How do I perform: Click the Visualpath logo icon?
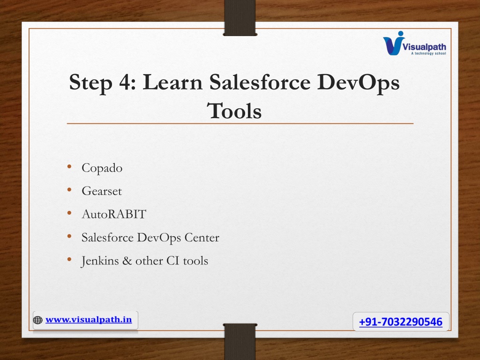click(394, 43)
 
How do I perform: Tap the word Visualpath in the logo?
click(424, 47)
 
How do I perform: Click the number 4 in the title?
click(125, 82)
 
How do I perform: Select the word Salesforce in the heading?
click(260, 82)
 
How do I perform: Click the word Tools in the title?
click(234, 111)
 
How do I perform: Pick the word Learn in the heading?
click(172, 82)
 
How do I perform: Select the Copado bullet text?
click(102, 168)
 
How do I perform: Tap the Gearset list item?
click(102, 191)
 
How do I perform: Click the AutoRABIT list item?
click(114, 214)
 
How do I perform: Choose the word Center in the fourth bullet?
click(202, 238)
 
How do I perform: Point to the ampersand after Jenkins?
click(127, 261)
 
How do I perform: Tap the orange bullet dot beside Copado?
click(69, 166)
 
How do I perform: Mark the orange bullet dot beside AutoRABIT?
click(69, 213)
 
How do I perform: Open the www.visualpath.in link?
click(89, 320)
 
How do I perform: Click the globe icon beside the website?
click(37, 320)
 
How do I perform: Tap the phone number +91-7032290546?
click(401, 322)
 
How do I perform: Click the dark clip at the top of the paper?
click(240, 18)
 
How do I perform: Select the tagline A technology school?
click(428, 53)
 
